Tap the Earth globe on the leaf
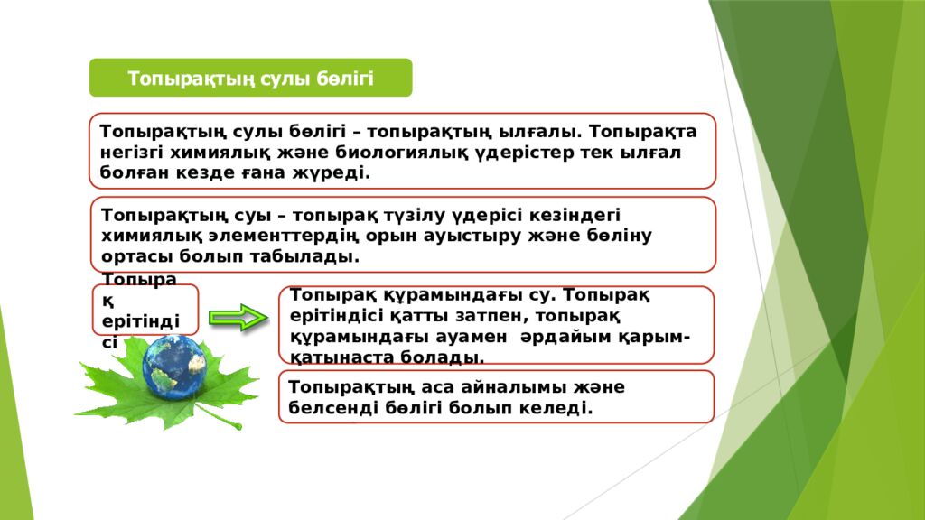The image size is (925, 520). click(x=173, y=369)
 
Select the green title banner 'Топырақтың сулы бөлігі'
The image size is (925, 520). click(x=250, y=78)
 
